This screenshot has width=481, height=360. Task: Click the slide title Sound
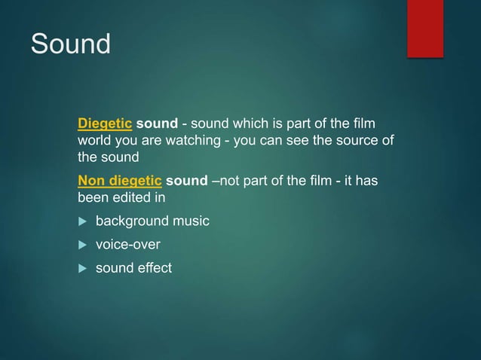point(70,44)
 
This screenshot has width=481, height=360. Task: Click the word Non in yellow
point(92,183)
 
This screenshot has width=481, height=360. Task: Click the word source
point(353,141)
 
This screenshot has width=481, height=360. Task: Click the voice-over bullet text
point(127,245)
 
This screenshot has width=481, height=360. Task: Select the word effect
point(153,267)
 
